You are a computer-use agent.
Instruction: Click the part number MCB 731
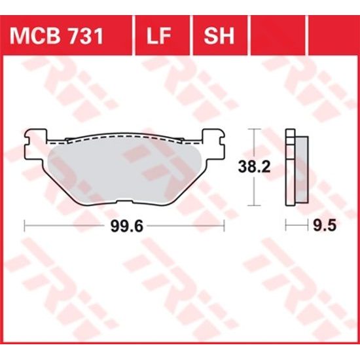[x=55, y=36]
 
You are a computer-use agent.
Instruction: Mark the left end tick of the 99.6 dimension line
[x=24, y=226]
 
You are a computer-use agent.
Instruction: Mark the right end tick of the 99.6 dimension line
[x=225, y=226]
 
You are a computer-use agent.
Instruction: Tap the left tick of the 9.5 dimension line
[x=286, y=226]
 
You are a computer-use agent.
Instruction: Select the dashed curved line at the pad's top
[x=124, y=137]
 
